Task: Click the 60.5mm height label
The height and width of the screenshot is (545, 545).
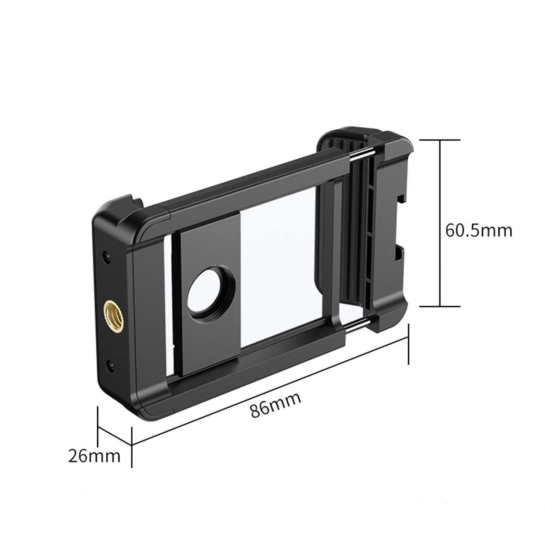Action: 478,231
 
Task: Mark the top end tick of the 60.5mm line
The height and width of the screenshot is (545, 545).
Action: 439,140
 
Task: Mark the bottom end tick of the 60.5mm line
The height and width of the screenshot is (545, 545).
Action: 439,307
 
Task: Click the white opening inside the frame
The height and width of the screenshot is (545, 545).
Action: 282,272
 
